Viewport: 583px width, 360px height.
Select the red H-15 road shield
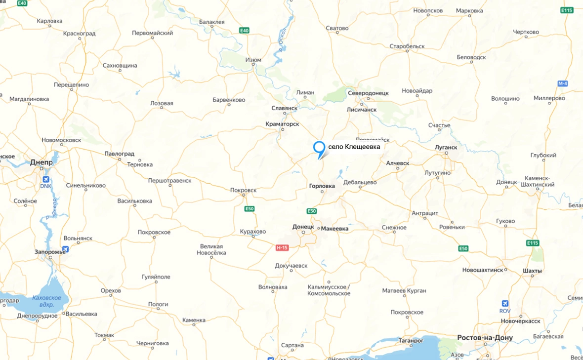click(282, 247)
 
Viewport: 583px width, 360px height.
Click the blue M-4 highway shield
click(562, 83)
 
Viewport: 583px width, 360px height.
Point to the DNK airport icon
click(46, 179)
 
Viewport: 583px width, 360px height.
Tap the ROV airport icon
click(505, 304)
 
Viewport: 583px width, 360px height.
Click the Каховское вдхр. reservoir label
click(46, 301)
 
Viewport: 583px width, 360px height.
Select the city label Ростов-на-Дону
click(485, 338)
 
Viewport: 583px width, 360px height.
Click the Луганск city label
click(446, 147)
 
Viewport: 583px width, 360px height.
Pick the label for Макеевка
click(334, 229)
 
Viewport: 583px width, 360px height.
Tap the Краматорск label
click(282, 124)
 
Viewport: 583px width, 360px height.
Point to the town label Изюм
click(253, 60)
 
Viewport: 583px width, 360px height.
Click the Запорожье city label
click(50, 252)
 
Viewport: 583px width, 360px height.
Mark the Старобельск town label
click(407, 46)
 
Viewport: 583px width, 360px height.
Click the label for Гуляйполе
click(156, 277)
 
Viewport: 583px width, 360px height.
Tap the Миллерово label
click(549, 98)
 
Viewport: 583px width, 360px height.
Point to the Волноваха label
click(273, 287)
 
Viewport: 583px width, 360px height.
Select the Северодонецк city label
click(368, 93)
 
